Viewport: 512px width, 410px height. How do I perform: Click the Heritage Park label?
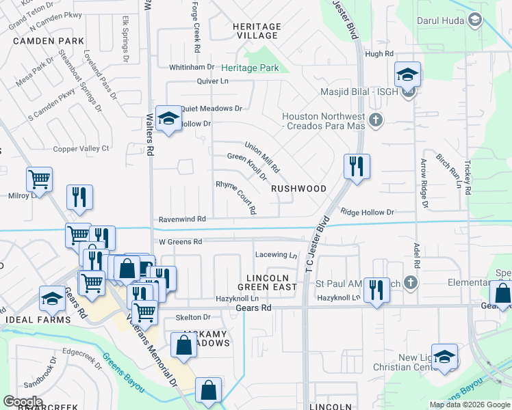250,68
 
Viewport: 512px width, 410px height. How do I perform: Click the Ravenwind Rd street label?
182,219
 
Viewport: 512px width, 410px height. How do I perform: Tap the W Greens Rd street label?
181,242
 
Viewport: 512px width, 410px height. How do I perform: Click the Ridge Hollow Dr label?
367,213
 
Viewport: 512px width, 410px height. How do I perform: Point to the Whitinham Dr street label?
192,68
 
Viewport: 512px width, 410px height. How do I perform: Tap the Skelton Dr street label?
193,317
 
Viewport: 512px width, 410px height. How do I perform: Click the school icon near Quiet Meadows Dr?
167,119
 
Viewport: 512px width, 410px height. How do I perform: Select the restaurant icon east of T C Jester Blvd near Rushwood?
356,166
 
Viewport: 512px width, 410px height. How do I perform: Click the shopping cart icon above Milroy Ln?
39,179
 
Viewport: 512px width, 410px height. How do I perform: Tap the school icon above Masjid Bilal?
407,74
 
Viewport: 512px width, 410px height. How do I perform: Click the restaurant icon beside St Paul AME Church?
376,290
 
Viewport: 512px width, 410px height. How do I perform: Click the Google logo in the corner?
23,402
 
